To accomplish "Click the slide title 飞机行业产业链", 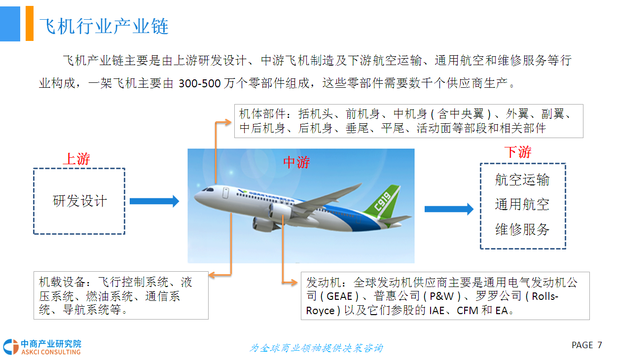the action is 104,26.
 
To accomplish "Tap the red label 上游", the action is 76,159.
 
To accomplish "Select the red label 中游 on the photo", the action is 296,162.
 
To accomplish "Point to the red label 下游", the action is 518,152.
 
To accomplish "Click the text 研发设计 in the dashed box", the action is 79,201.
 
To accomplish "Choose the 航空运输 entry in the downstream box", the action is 522,180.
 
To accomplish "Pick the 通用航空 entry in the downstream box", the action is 522,204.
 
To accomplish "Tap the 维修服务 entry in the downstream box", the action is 522,229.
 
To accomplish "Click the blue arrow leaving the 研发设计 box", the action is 154,201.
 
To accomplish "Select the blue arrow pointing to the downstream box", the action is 449,209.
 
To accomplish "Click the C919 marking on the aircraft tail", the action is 383,202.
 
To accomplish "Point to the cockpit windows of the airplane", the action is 208,189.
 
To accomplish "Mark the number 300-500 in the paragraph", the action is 200,83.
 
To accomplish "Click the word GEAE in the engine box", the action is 339,296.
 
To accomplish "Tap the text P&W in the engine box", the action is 441,296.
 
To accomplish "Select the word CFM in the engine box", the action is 468,311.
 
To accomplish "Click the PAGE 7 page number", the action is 587,345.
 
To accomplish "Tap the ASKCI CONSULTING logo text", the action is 51,352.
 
